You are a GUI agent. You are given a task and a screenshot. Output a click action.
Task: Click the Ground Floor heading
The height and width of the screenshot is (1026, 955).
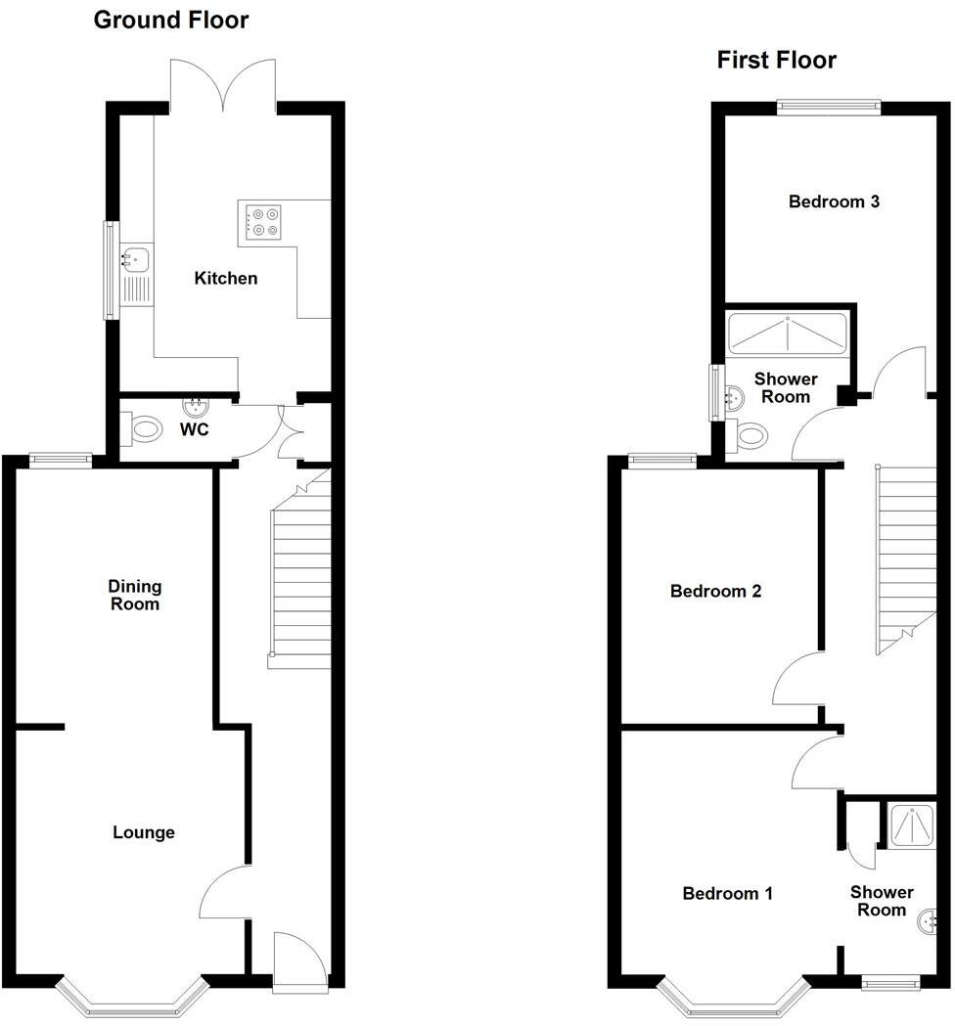170,20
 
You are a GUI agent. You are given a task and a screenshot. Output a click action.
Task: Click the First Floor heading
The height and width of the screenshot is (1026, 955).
776,61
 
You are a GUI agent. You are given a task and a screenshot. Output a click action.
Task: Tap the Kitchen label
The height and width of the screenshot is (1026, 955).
226,279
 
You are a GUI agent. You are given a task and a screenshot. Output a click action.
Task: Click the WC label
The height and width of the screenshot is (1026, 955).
195,430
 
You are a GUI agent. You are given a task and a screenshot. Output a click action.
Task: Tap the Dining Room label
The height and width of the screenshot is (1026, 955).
135,595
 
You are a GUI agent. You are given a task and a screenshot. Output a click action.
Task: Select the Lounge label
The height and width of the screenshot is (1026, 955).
144,832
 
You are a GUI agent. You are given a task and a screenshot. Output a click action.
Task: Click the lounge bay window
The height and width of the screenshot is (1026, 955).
133,996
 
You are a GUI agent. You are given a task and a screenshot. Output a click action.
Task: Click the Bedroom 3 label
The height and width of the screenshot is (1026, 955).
835,202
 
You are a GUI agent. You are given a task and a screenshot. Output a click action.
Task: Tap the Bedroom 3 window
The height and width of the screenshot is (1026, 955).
829,108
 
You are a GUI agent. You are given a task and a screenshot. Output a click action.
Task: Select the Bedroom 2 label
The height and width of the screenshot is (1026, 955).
715,591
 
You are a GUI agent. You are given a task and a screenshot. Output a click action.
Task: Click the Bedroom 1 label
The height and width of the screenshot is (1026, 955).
727,893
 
